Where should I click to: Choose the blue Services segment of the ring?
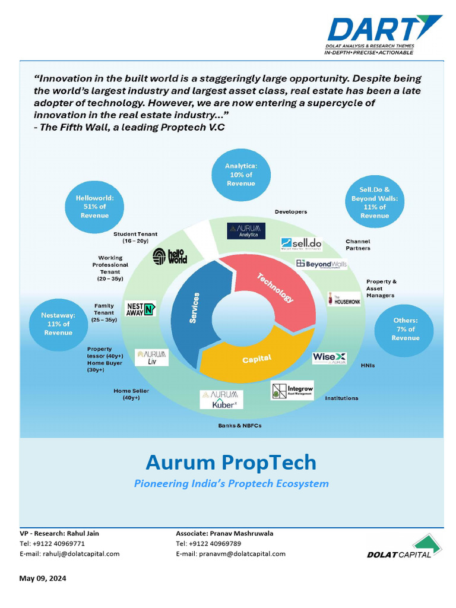coord(190,315)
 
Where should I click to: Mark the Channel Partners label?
coord(358,245)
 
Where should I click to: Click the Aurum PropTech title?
coord(231,462)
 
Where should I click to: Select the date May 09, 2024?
coord(43,578)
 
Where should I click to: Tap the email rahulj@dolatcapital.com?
coord(81,553)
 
